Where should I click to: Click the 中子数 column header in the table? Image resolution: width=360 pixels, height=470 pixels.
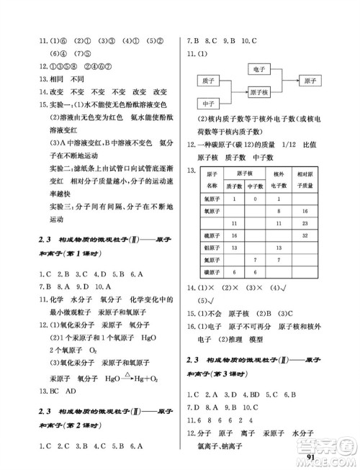pyautogui.click(x=258, y=187)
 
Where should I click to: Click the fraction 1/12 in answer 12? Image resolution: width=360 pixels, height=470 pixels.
pyautogui.click(x=281, y=145)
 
